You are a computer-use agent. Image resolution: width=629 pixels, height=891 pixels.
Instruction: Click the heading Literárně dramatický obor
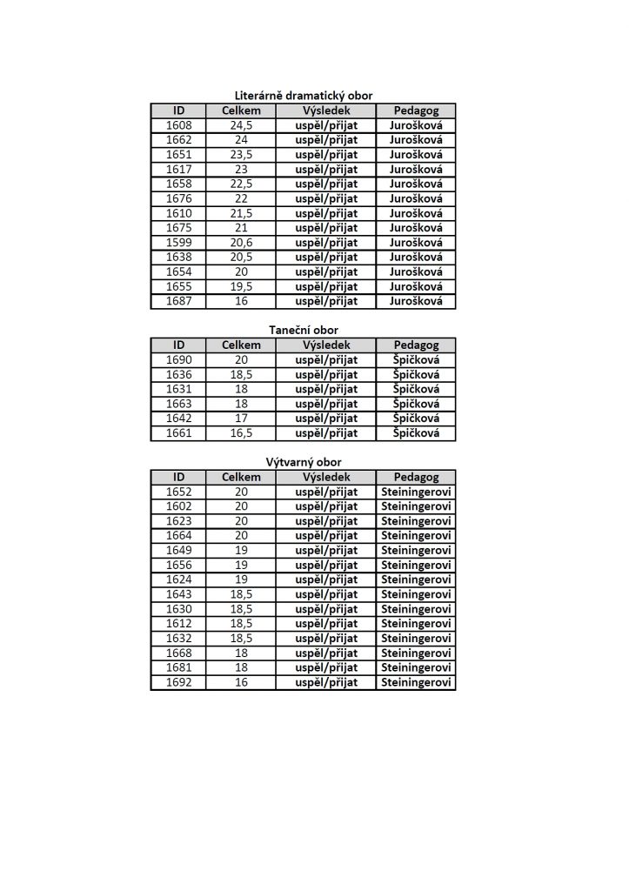click(303, 96)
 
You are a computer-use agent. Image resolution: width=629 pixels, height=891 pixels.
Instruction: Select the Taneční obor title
click(303, 330)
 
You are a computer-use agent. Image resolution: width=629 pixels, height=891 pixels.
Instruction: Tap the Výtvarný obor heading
click(303, 462)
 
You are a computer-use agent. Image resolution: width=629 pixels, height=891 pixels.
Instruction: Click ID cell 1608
click(178, 125)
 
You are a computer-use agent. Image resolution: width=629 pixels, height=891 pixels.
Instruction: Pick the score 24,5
click(241, 125)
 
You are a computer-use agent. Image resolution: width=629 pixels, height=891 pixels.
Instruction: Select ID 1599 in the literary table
click(178, 243)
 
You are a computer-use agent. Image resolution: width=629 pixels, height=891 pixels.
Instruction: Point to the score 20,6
click(241, 243)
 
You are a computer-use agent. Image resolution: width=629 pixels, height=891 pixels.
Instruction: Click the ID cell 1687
click(178, 301)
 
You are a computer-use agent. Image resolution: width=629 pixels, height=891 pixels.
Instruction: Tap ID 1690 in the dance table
click(178, 360)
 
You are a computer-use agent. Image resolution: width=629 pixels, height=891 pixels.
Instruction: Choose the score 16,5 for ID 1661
click(241, 433)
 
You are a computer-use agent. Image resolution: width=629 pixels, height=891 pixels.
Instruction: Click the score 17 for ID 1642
click(241, 419)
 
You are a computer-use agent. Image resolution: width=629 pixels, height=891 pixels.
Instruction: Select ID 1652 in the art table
click(178, 492)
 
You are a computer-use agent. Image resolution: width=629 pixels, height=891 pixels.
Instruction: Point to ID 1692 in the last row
click(178, 683)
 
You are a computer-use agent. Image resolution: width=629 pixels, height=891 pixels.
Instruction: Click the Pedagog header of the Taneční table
click(416, 345)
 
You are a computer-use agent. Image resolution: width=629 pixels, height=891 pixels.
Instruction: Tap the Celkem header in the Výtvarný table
click(241, 477)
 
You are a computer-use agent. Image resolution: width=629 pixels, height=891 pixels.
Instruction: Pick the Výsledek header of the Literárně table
click(326, 111)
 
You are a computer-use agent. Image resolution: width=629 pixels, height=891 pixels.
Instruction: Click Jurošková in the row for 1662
click(416, 140)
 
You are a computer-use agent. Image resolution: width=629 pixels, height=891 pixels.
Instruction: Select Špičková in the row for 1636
click(416, 375)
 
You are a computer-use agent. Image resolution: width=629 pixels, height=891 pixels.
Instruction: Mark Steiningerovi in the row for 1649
click(416, 551)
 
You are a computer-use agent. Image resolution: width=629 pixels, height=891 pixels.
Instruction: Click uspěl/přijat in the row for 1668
click(326, 653)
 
